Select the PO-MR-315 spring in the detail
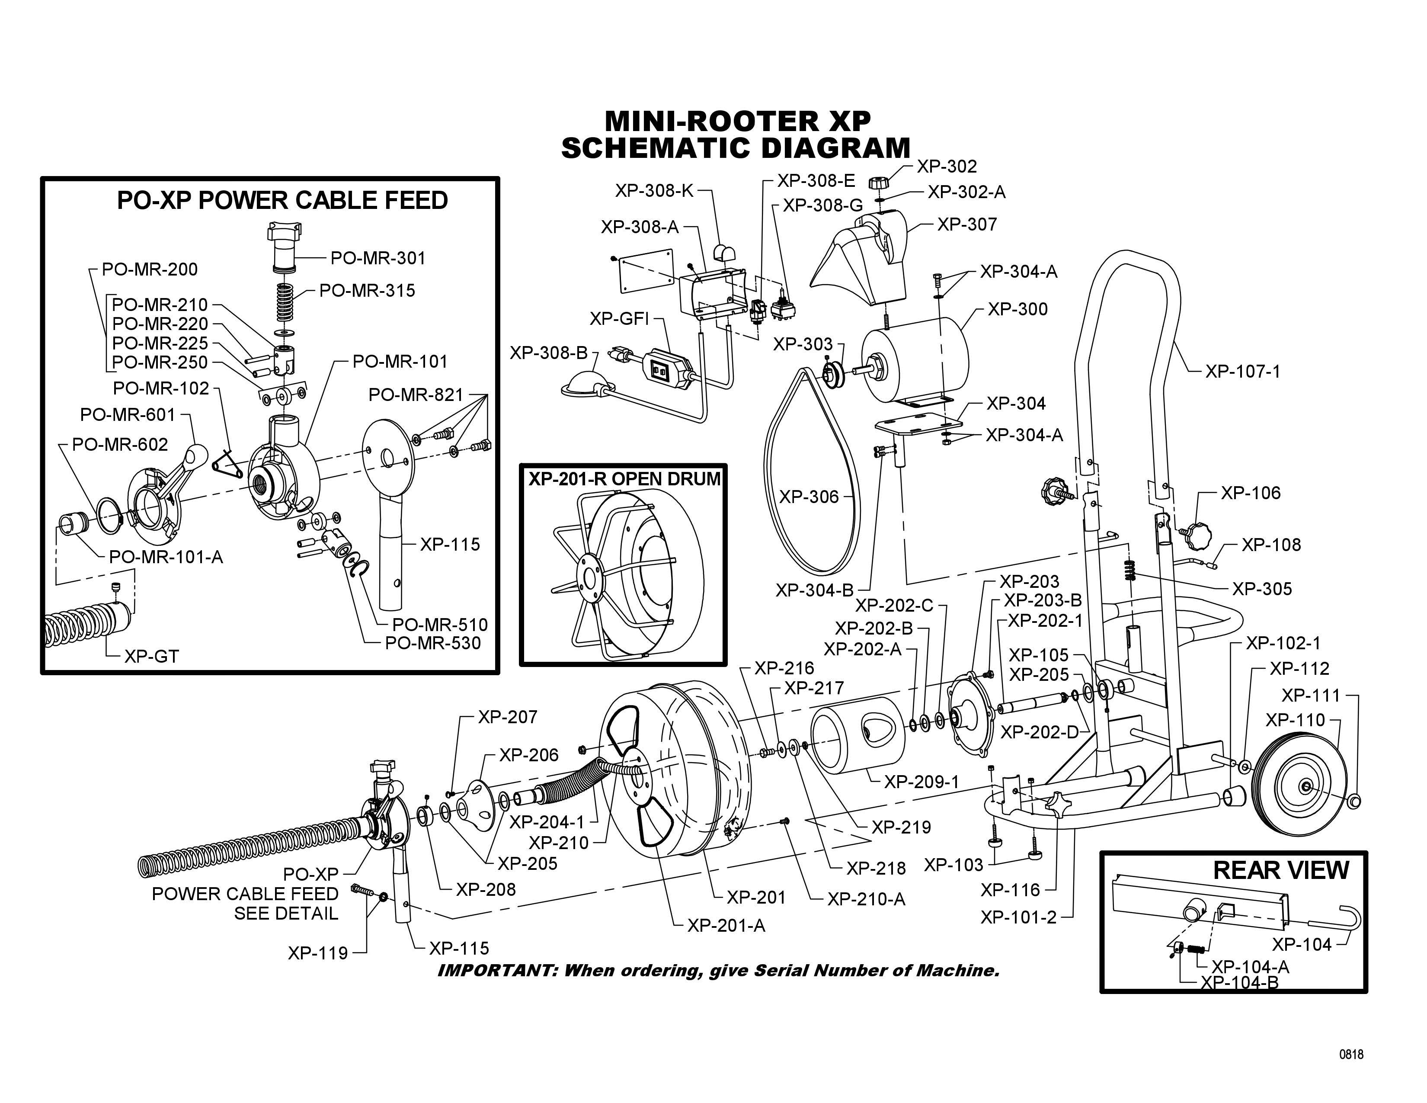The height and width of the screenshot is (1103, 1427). [x=284, y=302]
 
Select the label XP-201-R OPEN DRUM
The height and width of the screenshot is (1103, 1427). [x=624, y=479]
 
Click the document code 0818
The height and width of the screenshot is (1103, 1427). [x=1351, y=1054]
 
